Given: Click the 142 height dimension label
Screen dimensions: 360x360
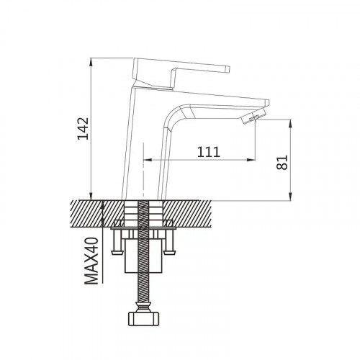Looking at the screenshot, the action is [83, 128].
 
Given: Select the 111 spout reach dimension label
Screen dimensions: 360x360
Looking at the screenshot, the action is [208, 152].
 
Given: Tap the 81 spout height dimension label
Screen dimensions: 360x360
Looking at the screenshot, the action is [282, 163].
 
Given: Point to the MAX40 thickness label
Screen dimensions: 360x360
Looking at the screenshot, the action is [91, 261].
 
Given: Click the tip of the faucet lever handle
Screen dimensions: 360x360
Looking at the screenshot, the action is [228, 69].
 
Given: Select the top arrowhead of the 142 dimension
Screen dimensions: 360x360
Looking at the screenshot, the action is [91, 62].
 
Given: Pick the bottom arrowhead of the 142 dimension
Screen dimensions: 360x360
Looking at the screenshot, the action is [91, 196].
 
